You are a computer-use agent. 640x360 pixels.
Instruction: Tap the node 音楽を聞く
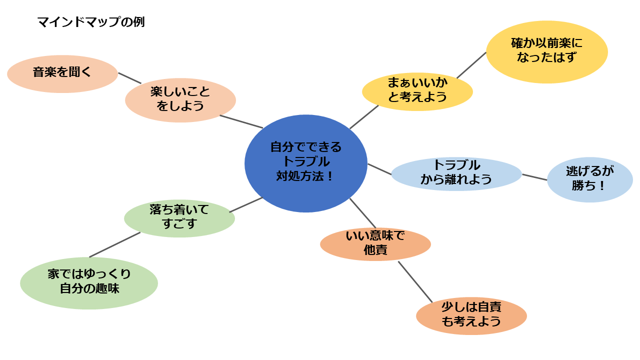point(62,73)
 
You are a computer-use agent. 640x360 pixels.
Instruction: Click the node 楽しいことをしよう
point(180,99)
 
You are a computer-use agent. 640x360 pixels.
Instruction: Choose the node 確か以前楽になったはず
point(546,51)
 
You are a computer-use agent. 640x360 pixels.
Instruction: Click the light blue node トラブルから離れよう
point(456,173)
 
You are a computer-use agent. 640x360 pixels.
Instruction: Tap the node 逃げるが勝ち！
point(589,178)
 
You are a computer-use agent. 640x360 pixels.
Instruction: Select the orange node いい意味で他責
point(375,243)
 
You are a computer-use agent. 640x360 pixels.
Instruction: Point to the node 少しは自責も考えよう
point(471,314)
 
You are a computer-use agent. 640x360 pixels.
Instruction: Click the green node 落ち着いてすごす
point(179,217)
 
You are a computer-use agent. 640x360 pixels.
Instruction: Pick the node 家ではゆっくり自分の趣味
point(89,282)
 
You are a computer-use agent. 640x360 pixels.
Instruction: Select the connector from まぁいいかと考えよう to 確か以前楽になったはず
point(471,65)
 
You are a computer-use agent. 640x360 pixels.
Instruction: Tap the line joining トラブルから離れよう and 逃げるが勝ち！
point(534,177)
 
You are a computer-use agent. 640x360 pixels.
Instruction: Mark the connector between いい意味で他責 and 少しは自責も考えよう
point(415,281)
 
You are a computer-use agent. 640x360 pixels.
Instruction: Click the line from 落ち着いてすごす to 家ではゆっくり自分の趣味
point(114,244)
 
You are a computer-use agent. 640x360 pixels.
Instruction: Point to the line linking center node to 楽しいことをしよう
point(241,122)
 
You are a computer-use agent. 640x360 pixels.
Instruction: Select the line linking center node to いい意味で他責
point(362,212)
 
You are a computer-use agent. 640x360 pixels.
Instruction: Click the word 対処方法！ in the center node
point(305,176)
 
